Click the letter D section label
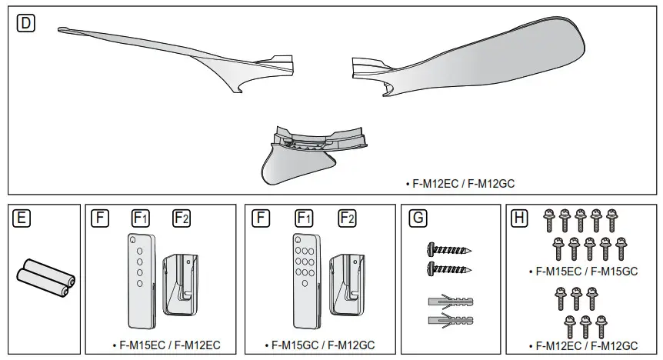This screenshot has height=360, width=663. point(25,23)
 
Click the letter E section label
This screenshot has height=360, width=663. point(22,218)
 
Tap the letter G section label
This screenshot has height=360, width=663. point(418,218)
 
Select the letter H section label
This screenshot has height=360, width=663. point(519,218)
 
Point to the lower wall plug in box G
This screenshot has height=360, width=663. point(447,318)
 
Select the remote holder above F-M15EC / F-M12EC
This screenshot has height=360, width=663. point(182,283)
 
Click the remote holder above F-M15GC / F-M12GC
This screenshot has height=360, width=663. point(346,283)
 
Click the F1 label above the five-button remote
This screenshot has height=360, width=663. point(140,218)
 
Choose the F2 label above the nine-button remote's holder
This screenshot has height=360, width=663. point(347,218)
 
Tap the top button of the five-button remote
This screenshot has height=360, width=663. point(139,241)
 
